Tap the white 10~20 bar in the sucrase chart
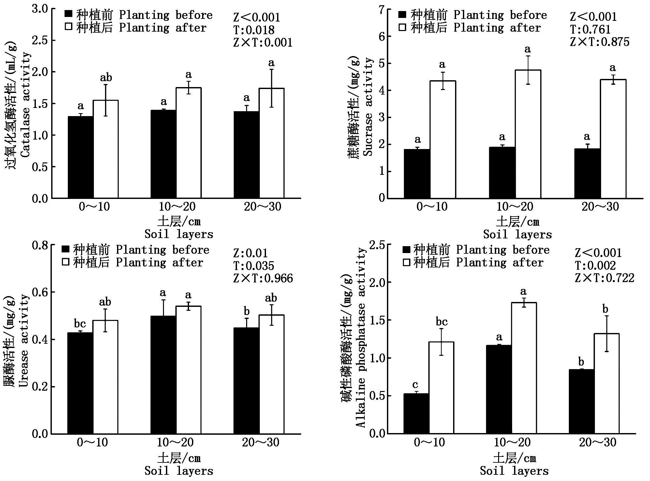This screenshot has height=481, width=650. (528, 134)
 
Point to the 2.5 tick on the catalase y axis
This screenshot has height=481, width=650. (40, 40)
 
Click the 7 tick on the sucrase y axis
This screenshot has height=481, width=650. (381, 9)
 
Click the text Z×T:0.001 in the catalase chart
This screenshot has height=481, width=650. (263, 43)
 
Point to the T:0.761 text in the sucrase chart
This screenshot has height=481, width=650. (590, 30)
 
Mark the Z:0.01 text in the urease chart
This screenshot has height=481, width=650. (250, 253)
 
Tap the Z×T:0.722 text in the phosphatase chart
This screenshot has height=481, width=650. (604, 278)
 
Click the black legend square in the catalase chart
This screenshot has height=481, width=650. (68, 14)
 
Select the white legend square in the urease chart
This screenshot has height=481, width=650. (66, 262)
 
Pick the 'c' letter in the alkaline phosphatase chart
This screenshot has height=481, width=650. (415, 384)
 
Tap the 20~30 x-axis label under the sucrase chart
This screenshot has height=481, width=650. (600, 206)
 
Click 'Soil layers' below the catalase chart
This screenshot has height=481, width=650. (179, 234)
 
